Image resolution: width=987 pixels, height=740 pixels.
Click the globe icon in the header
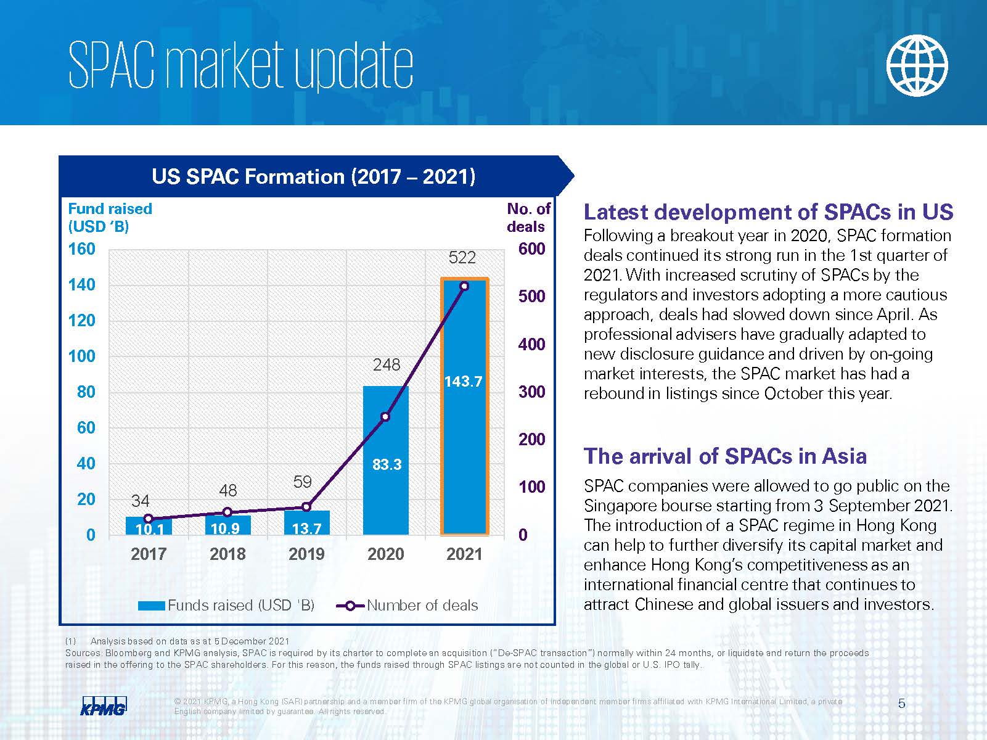pos(917,65)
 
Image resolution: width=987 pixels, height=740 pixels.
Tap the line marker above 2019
pos(306,507)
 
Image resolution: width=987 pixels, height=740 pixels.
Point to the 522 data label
pos(462,258)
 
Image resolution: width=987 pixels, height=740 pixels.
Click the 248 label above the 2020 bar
pos(387,365)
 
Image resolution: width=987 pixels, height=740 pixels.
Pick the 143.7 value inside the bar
pos(463,382)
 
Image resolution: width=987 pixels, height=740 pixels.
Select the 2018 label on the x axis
pos(227,554)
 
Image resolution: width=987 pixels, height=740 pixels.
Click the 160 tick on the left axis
pos(82,249)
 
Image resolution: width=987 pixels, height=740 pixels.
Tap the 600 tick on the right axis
pos(531,249)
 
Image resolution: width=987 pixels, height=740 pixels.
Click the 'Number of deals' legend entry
pos(407,606)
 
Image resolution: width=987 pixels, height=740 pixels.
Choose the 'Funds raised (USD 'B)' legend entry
pos(226,606)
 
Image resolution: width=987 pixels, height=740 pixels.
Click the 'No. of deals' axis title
pos(528,218)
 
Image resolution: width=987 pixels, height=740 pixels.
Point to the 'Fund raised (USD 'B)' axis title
pos(110,218)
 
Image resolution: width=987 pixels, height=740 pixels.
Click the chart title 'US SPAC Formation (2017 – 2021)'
pos(313,177)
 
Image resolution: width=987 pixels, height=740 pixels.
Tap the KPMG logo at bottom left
pos(104,705)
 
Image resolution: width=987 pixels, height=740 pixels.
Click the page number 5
pos(902,704)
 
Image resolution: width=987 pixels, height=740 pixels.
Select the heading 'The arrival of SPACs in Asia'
pos(725,456)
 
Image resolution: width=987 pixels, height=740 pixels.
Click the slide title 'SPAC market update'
pos(240,65)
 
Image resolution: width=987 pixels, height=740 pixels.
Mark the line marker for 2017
pos(148,519)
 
